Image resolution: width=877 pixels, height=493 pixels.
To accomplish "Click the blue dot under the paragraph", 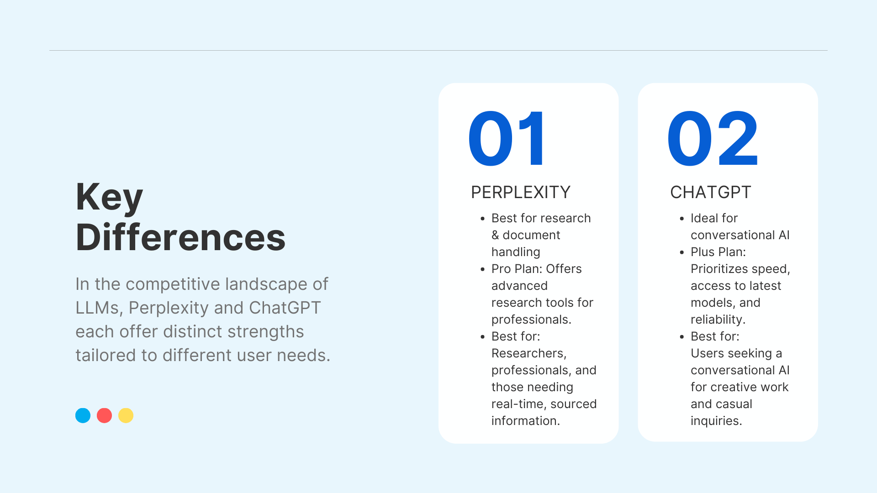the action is [x=83, y=415].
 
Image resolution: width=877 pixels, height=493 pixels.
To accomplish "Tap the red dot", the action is [x=104, y=415].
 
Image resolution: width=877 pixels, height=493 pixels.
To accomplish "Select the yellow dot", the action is [x=126, y=415].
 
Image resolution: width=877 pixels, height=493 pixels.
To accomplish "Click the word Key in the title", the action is [x=110, y=198].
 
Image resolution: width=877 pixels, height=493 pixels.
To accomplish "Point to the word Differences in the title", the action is [x=180, y=237].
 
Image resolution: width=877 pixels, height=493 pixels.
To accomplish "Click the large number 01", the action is [x=507, y=138].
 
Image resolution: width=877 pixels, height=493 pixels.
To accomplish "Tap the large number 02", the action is [x=713, y=138].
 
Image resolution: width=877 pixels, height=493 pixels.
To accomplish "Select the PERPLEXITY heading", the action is [x=521, y=192].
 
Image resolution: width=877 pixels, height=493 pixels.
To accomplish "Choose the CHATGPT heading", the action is [x=710, y=192].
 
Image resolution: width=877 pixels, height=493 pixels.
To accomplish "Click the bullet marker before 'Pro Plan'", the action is [x=483, y=269].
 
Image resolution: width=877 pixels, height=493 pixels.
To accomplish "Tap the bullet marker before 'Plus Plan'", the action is [x=682, y=252].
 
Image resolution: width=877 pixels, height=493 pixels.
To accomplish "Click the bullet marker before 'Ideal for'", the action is [x=682, y=219].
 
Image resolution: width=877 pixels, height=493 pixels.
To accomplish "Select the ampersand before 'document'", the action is [x=495, y=235].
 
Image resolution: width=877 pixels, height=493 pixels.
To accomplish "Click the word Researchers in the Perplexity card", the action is [x=529, y=353].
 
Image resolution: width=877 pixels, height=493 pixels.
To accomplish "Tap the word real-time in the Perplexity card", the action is [x=518, y=404].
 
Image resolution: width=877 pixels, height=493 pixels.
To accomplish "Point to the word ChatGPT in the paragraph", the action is [x=285, y=308].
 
